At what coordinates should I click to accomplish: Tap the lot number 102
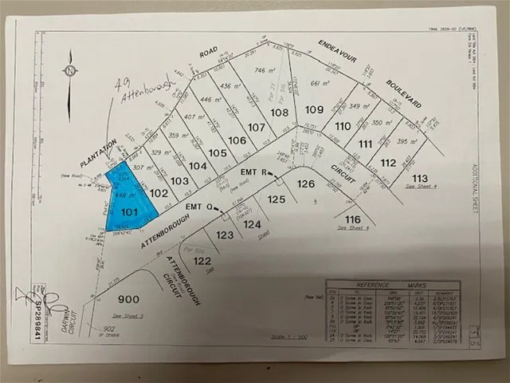159,193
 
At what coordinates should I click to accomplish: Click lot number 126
307,183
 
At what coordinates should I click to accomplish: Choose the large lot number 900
129,299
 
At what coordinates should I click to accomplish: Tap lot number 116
353,219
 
